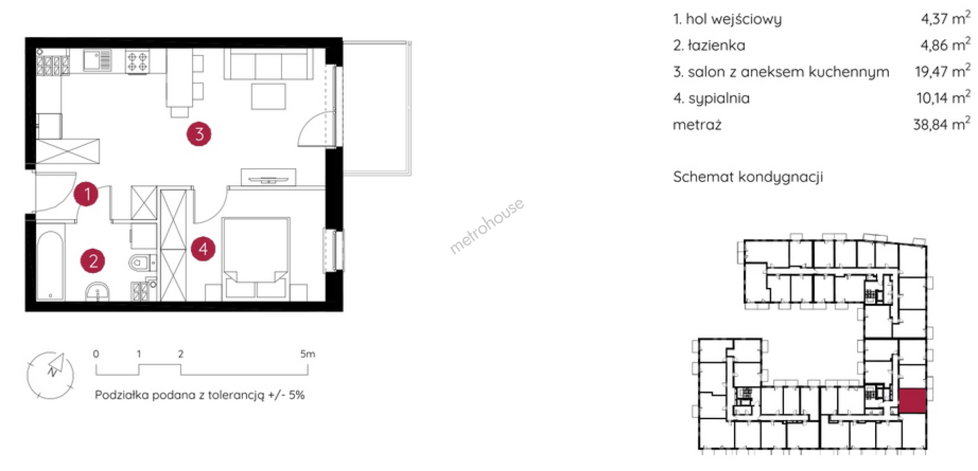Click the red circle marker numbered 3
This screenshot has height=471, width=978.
[199, 134]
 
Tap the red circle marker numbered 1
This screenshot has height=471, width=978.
[86, 194]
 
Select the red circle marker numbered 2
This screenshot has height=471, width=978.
[93, 261]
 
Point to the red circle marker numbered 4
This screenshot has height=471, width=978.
[203, 249]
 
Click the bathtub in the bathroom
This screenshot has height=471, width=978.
[50, 265]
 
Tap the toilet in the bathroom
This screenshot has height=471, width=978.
[141, 263]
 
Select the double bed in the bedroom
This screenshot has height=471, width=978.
[256, 258]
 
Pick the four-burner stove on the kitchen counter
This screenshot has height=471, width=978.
[138, 62]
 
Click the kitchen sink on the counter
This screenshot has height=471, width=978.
[97, 61]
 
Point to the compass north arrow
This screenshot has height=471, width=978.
[56, 364]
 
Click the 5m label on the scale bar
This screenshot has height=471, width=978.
[307, 354]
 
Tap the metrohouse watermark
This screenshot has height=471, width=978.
[486, 226]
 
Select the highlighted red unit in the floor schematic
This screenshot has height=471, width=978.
[912, 401]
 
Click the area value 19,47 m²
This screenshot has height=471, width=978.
[942, 71]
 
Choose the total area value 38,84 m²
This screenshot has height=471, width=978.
[941, 124]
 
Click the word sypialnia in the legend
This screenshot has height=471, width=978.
[719, 98]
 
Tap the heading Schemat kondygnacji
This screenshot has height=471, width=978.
[748, 177]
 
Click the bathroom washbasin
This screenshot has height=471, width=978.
[97, 292]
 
